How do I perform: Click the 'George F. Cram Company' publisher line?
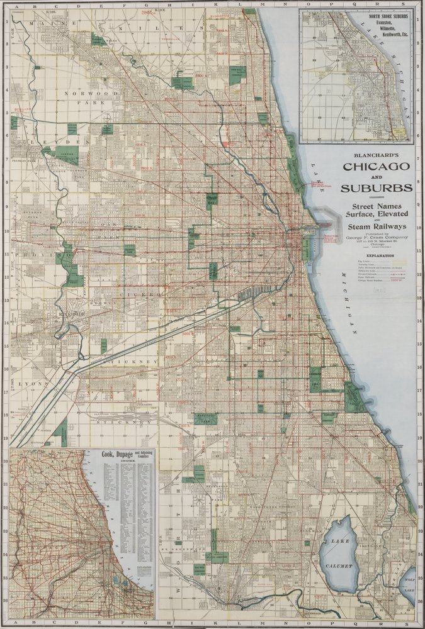(375, 237)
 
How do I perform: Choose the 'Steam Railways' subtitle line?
(375, 225)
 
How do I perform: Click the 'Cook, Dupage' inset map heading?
(123, 455)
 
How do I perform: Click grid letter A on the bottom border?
(14, 623)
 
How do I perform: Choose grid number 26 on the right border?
(419, 601)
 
